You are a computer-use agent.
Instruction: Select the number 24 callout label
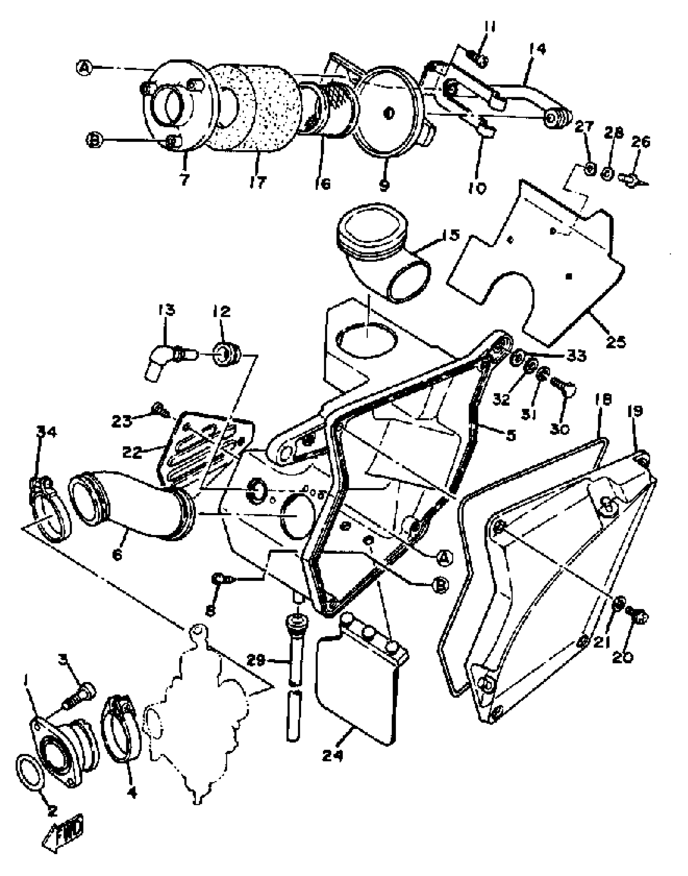click(x=333, y=755)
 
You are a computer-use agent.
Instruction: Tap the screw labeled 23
click(x=160, y=410)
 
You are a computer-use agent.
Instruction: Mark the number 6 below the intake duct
click(x=117, y=555)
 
